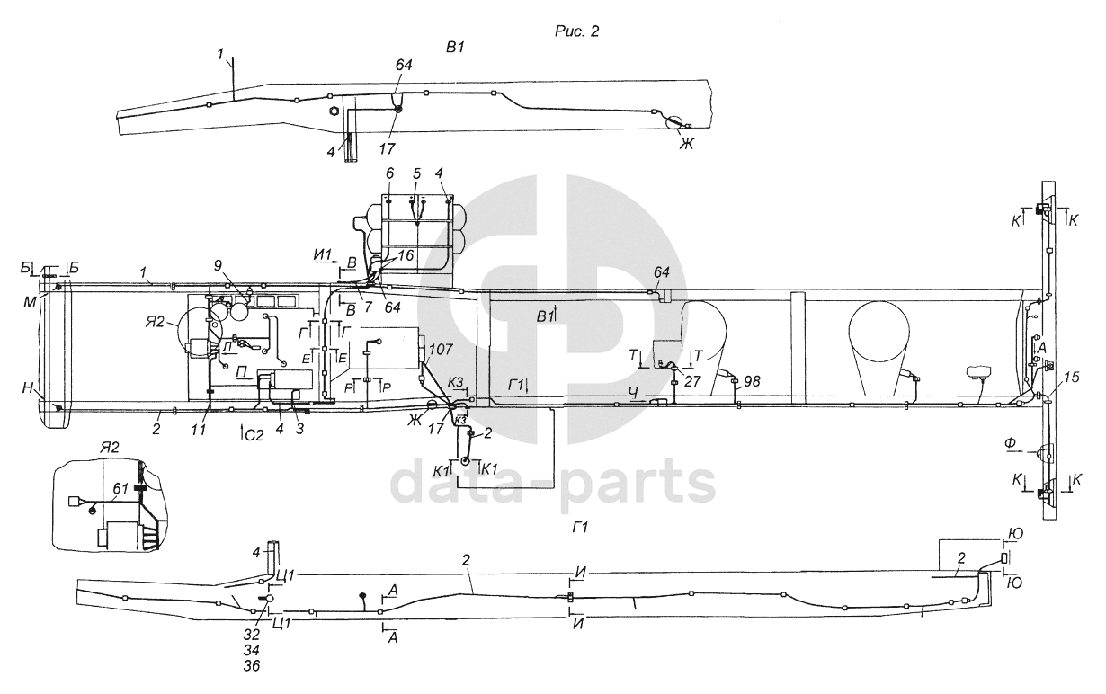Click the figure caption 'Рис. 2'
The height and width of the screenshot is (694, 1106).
[576, 31]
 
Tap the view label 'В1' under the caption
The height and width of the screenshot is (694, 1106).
[455, 48]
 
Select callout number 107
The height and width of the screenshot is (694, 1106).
[441, 349]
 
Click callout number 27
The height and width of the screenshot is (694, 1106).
[691, 381]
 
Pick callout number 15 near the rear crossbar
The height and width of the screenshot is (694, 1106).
[1072, 377]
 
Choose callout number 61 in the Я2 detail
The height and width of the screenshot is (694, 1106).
[120, 488]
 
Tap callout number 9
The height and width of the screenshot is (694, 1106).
[218, 265]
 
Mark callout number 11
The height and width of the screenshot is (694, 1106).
[199, 430]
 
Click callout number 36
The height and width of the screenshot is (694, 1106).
[251, 665]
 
